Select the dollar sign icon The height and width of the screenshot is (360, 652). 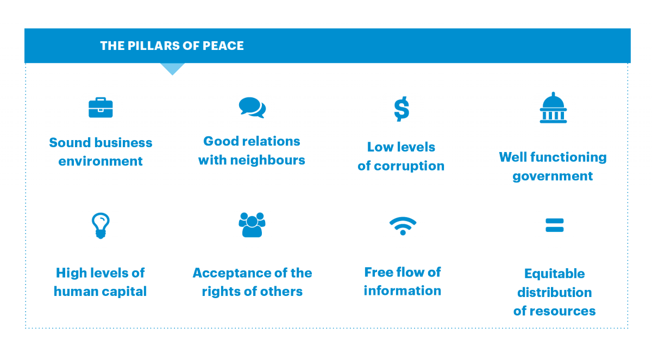pos(402,109)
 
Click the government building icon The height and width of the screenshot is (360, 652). pos(553,109)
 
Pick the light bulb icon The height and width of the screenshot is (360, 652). pos(101,225)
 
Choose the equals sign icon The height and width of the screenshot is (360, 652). pos(554,225)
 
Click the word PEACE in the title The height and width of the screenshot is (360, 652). pos(223,46)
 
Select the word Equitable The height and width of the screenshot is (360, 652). pos(554,274)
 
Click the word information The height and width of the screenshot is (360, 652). pos(402,291)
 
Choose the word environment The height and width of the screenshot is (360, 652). pos(101,161)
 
